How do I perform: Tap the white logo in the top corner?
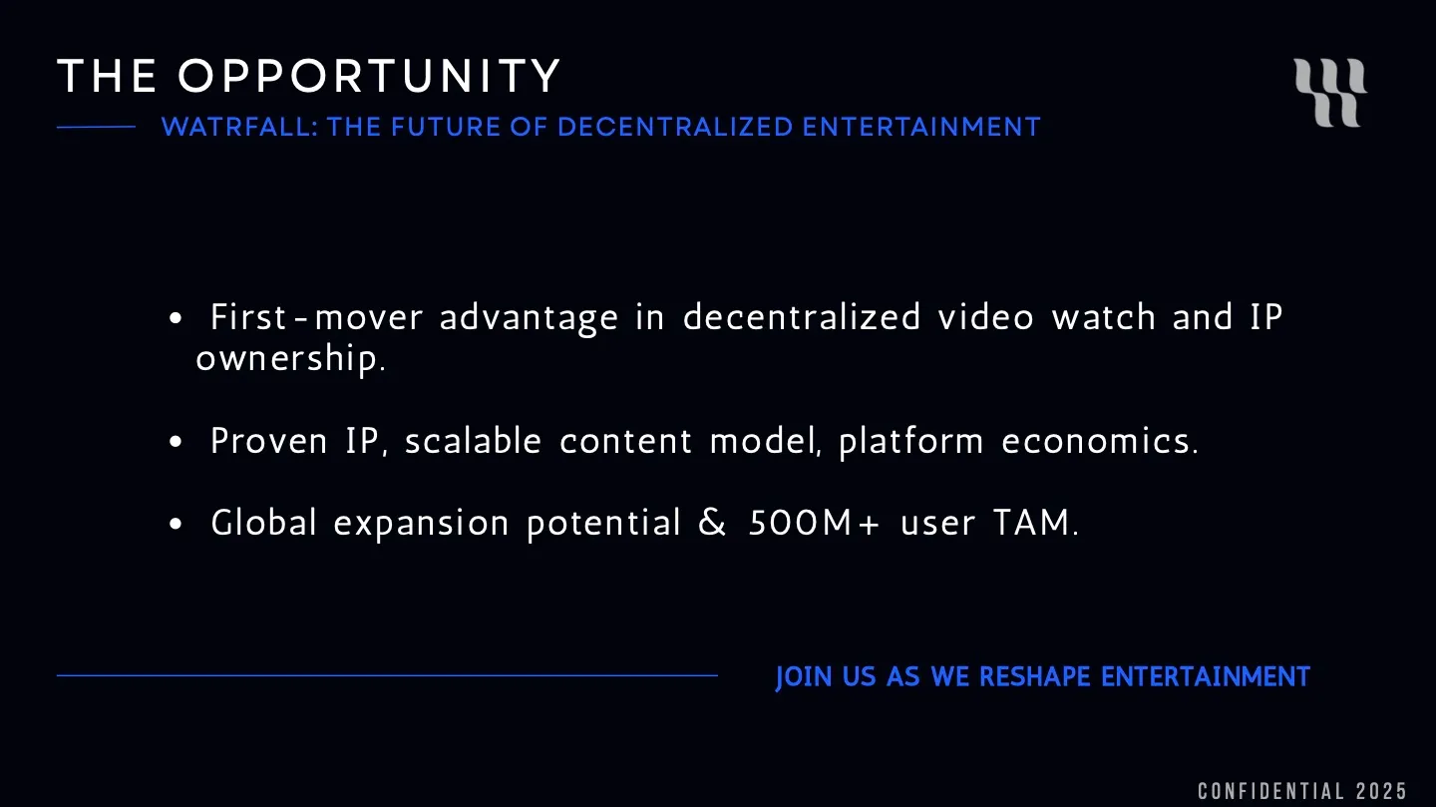pos(1330,93)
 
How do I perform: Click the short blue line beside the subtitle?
pos(96,127)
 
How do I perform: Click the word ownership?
pos(290,359)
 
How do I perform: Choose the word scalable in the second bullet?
pos(473,441)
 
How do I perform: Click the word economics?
pos(1099,441)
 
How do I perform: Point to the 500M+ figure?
pos(814,523)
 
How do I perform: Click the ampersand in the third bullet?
pos(713,523)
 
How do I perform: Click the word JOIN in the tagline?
pos(804,677)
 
